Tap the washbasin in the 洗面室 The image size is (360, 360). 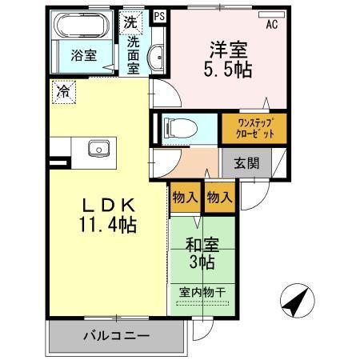click(158, 57)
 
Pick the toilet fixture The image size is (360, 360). click(179, 128)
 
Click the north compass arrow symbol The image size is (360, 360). click(294, 303)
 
